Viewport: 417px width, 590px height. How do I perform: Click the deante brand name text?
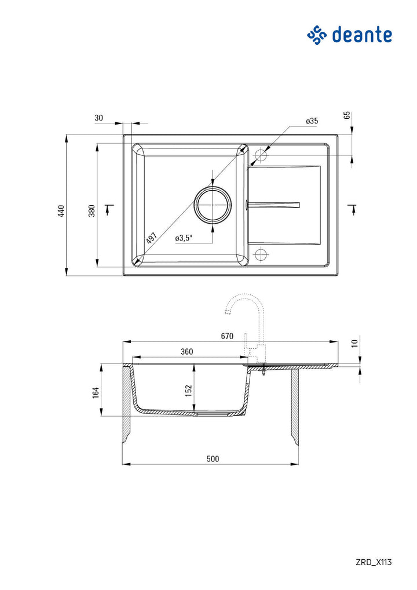click(x=362, y=35)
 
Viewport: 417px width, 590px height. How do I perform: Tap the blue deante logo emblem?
click(x=317, y=35)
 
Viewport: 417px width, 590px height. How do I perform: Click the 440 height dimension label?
click(x=61, y=210)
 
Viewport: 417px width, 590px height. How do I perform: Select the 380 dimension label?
click(x=92, y=210)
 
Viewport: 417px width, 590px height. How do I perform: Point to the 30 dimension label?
click(x=98, y=118)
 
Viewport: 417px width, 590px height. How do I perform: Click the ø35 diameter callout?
click(x=312, y=121)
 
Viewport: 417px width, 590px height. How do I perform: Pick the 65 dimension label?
click(x=347, y=115)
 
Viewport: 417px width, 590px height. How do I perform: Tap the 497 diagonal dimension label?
click(x=151, y=238)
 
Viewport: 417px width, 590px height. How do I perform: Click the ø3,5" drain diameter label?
click(x=184, y=238)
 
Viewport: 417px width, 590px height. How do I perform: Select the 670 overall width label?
click(x=226, y=336)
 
